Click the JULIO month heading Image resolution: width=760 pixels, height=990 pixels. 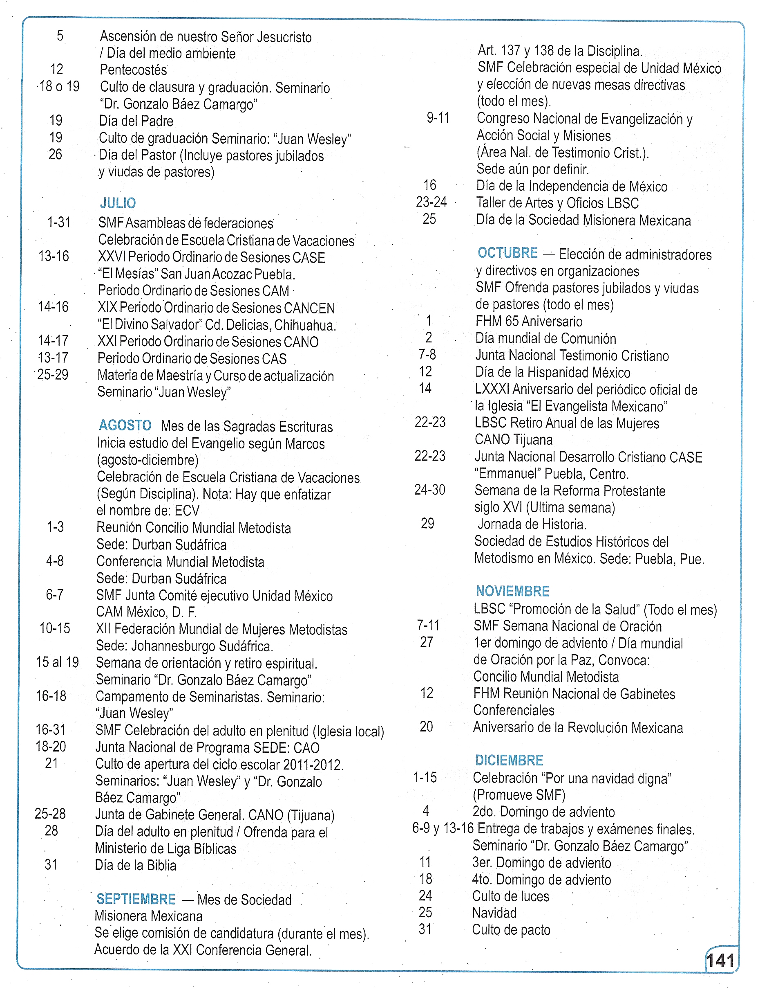(118, 203)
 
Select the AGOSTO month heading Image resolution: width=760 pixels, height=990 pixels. (125, 425)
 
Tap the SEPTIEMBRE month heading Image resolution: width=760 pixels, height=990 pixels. (136, 899)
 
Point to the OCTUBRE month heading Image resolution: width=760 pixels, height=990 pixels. (507, 253)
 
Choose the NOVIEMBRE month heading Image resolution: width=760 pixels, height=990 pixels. (512, 591)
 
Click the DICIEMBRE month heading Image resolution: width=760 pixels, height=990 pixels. (509, 760)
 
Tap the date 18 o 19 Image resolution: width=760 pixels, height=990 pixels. (59, 86)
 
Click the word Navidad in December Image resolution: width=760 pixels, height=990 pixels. (494, 913)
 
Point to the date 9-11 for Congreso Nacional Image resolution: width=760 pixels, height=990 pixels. (438, 118)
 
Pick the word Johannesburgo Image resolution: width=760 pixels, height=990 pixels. (190, 646)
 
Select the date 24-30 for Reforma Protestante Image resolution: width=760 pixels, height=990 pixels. (430, 490)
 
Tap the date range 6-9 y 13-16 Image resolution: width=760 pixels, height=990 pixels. (443, 828)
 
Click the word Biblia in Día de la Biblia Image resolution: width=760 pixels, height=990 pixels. (161, 866)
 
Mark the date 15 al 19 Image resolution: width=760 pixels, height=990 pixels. (58, 662)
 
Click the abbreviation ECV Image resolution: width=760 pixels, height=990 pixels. (187, 511)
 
